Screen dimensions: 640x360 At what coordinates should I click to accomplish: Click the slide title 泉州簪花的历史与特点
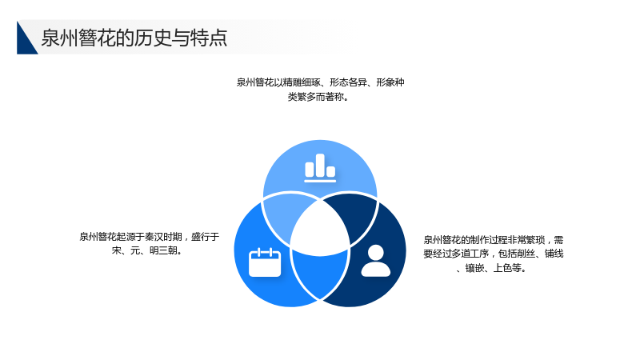coord(134,38)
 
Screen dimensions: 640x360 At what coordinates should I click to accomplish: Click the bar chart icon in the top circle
coord(320,168)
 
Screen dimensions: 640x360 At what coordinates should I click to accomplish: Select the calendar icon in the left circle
coord(265,262)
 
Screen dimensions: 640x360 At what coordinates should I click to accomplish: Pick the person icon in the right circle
coord(375,261)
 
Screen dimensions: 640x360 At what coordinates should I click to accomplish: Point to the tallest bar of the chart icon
coord(320,166)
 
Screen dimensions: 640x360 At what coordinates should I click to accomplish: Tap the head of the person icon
coord(375,252)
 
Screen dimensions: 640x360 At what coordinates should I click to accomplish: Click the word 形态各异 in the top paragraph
coord(348,82)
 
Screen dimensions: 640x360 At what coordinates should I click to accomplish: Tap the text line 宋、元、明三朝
coord(147,250)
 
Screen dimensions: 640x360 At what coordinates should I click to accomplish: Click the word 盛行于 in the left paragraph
coord(206,237)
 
